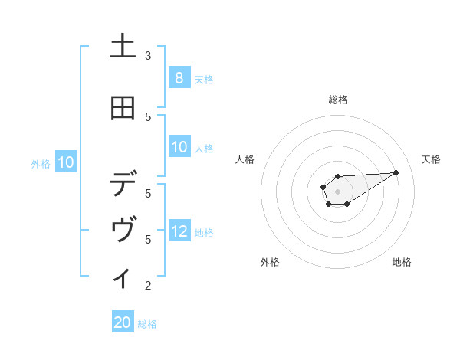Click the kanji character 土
123,48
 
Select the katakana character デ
123,185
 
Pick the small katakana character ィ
123,277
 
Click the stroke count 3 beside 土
148,55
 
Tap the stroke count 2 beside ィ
148,286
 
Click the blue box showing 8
179,77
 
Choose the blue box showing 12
179,231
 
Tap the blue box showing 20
123,322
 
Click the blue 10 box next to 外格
66,162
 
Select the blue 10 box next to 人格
179,147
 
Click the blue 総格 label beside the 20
147,324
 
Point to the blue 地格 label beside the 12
204,232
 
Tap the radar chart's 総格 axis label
337,100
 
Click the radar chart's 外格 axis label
270,262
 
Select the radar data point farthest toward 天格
396,172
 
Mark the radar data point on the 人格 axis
324,187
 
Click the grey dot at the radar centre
337,191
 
